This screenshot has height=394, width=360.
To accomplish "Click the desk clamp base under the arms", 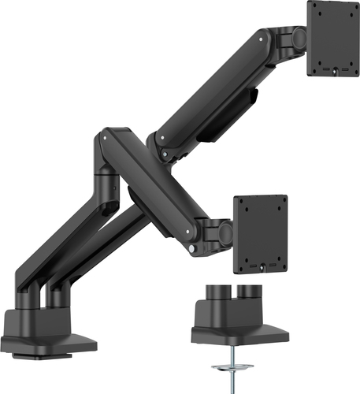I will coord(47,331).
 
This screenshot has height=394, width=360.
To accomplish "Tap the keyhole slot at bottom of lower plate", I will coord(261,266).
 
